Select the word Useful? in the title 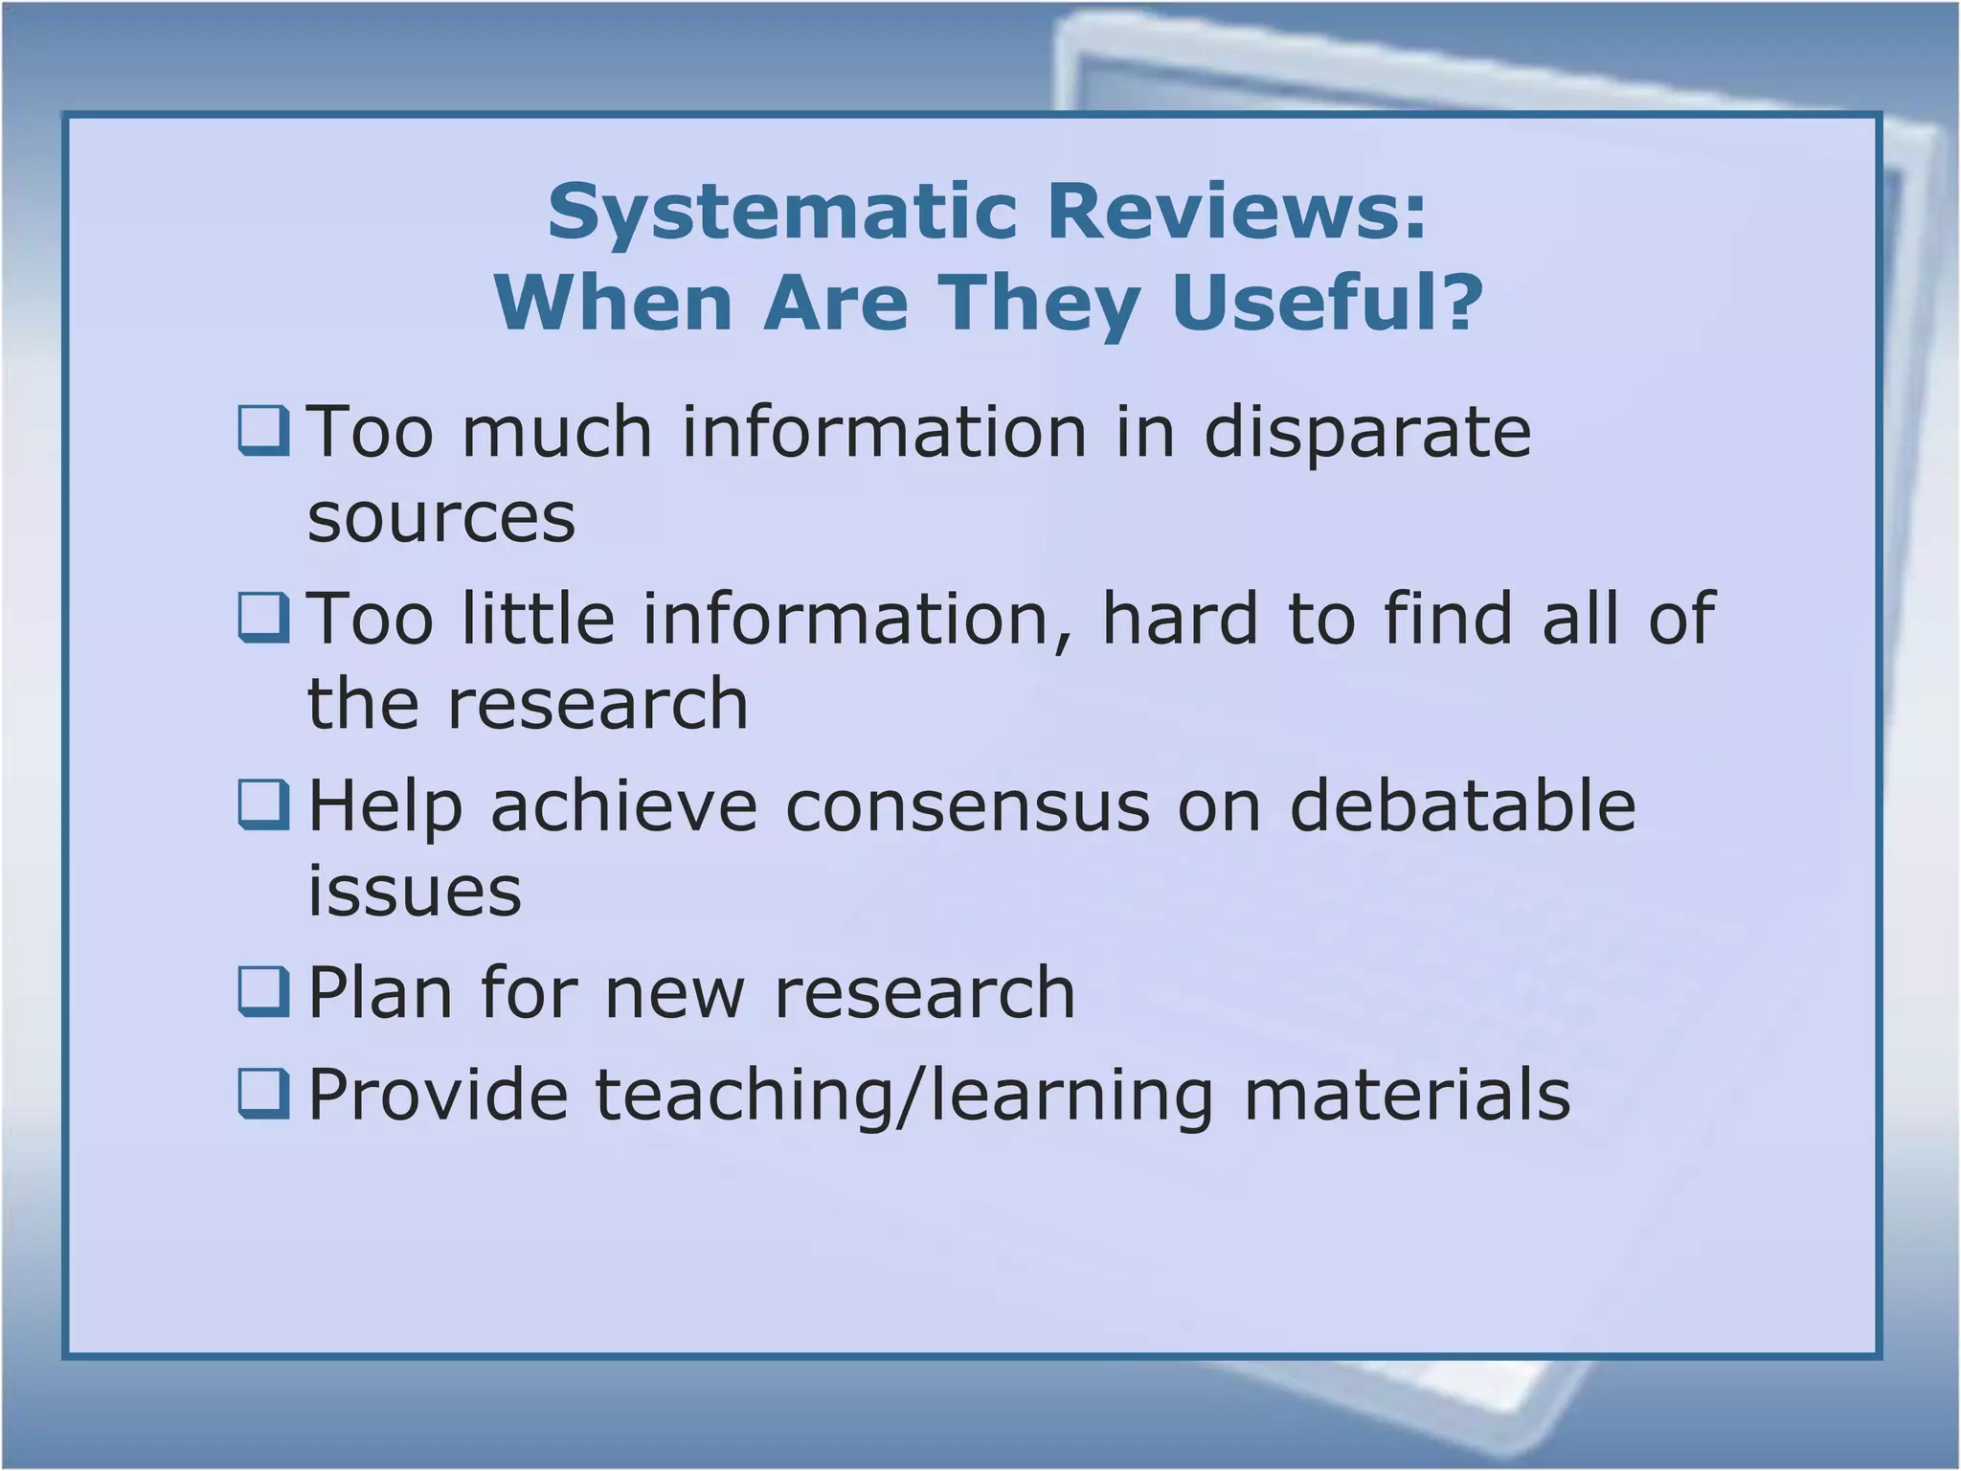(x=1327, y=303)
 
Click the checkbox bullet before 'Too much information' (x=263, y=432)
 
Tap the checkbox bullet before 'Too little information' (x=263, y=619)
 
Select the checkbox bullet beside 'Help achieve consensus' (x=263, y=805)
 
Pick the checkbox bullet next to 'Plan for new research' (x=263, y=992)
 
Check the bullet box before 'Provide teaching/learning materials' (x=263, y=1094)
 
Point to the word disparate (x=1367, y=432)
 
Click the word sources (x=441, y=518)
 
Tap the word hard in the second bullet (x=1180, y=619)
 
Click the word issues (x=415, y=891)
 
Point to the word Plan (x=380, y=992)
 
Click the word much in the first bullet (x=557, y=432)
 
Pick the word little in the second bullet (x=538, y=619)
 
